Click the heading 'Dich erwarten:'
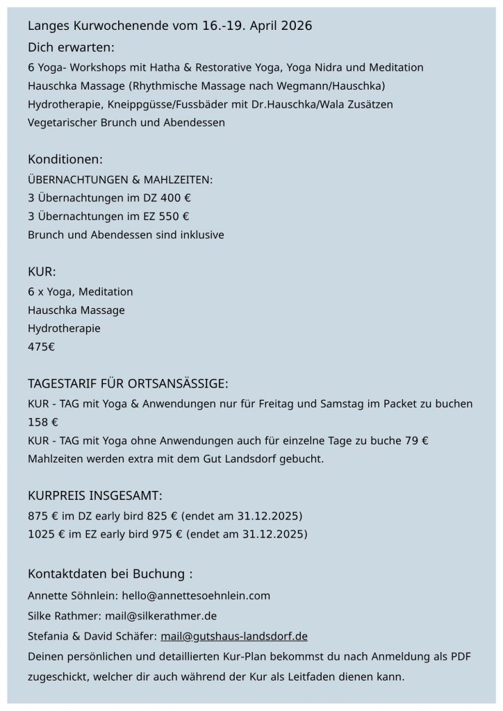point(71,47)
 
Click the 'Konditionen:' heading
point(65,160)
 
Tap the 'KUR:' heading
point(42,270)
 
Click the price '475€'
point(41,346)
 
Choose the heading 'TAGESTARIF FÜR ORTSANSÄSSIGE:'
point(128,384)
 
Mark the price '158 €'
point(42,421)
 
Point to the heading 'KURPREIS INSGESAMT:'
point(95,496)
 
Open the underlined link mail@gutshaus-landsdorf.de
point(233,635)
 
